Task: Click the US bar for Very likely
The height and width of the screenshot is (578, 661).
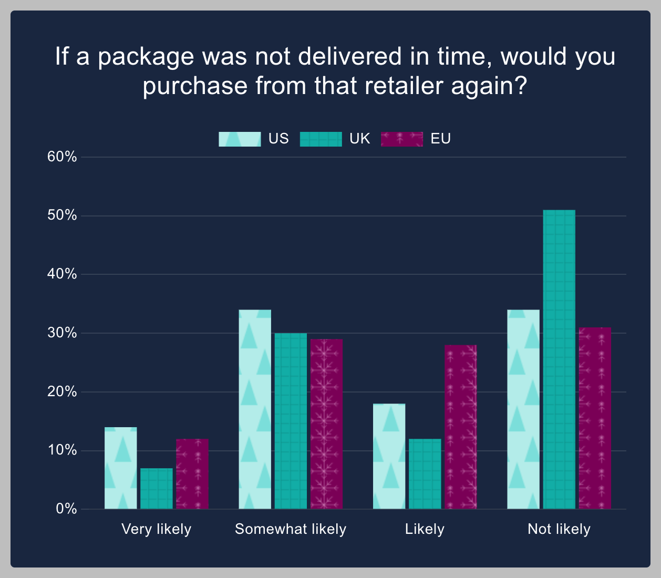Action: coord(121,468)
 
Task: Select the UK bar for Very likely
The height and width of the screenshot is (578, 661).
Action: coord(157,489)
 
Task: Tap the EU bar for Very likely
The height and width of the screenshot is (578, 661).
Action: coord(192,474)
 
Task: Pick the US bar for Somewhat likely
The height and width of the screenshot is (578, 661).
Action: coord(255,409)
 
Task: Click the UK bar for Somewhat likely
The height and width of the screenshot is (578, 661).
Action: coord(291,421)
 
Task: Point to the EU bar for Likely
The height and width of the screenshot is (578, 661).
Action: coord(461,427)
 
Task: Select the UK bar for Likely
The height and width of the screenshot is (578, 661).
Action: coord(425,474)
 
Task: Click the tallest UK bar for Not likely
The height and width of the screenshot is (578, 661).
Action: coord(559,359)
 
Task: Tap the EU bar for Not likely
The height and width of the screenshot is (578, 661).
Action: coord(595,418)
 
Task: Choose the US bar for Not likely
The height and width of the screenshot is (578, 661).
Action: coord(523,409)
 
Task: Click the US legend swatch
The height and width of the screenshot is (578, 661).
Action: coord(240,139)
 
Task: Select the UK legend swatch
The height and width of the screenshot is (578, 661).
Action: coord(321,139)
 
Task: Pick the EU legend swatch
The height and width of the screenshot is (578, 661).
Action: coord(402,139)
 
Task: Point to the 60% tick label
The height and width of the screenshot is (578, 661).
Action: coord(63,157)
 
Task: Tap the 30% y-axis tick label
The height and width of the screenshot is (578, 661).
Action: coord(63,333)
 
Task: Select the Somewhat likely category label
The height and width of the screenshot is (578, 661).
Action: coord(291,529)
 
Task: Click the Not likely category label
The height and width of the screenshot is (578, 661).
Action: coord(559,529)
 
